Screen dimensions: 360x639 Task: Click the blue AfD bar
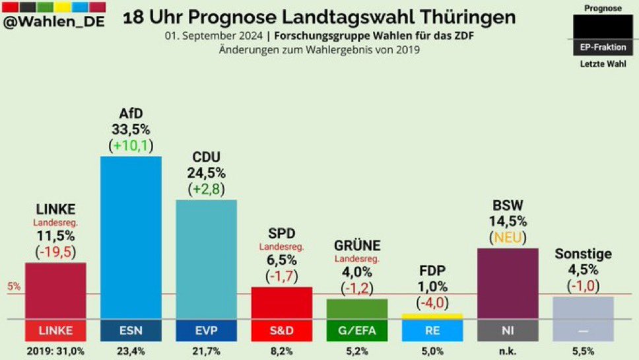[131, 238]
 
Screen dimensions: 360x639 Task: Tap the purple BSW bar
[508, 283]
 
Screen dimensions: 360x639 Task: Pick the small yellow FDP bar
[432, 316]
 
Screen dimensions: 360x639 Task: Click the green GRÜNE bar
[357, 308]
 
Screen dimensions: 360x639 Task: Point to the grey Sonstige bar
[583, 308]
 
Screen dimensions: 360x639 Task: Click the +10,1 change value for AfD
[131, 144]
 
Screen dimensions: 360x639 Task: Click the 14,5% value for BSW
[508, 221]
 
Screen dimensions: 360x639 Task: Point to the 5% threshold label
[14, 287]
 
